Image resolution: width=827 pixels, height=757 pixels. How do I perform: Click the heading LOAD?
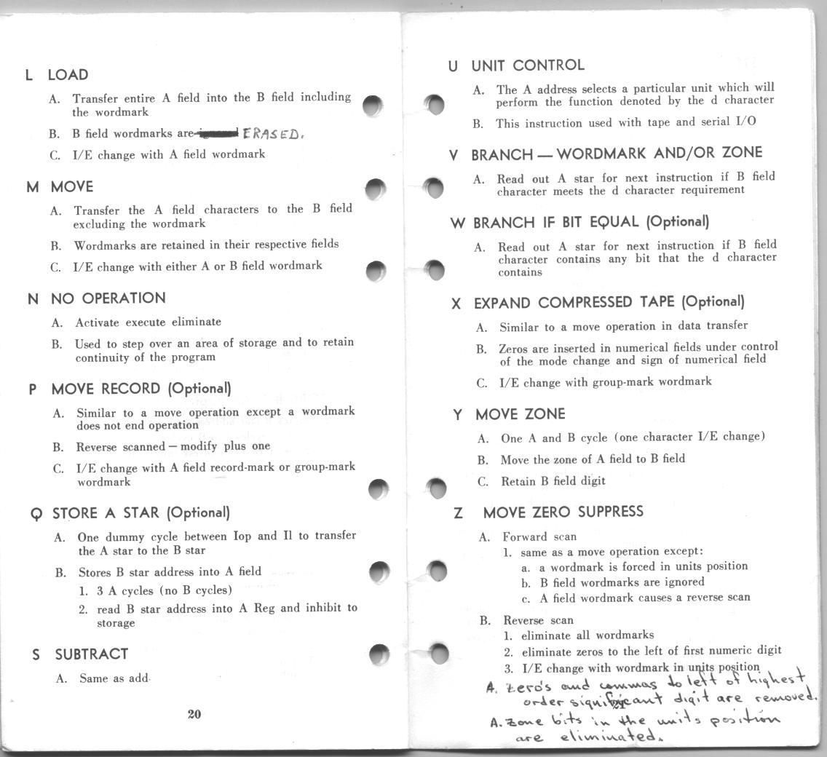pyautogui.click(x=68, y=75)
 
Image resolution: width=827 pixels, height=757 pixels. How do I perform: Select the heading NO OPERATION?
pyautogui.click(x=108, y=298)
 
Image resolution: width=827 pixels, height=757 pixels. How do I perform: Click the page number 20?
pyautogui.click(x=194, y=714)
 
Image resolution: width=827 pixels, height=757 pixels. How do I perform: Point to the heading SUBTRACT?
pyautogui.click(x=91, y=654)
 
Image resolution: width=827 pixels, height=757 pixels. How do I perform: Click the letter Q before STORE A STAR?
pyautogui.click(x=36, y=514)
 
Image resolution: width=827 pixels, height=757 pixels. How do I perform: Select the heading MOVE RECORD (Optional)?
pyautogui.click(x=141, y=389)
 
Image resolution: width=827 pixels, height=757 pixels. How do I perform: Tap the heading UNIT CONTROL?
pyautogui.click(x=527, y=66)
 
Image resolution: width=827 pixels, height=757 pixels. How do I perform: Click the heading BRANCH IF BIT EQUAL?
pyautogui.click(x=590, y=222)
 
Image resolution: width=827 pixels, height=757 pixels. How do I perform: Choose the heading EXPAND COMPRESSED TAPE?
pyautogui.click(x=609, y=302)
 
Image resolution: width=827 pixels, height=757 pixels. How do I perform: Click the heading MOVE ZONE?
pyautogui.click(x=520, y=414)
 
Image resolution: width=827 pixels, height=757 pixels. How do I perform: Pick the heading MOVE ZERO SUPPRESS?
pyautogui.click(x=563, y=512)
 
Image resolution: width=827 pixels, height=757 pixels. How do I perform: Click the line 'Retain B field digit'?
pyautogui.click(x=553, y=481)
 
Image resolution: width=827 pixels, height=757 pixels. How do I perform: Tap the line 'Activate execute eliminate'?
pyautogui.click(x=148, y=322)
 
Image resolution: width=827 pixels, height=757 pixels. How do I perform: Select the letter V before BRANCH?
pyautogui.click(x=454, y=155)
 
